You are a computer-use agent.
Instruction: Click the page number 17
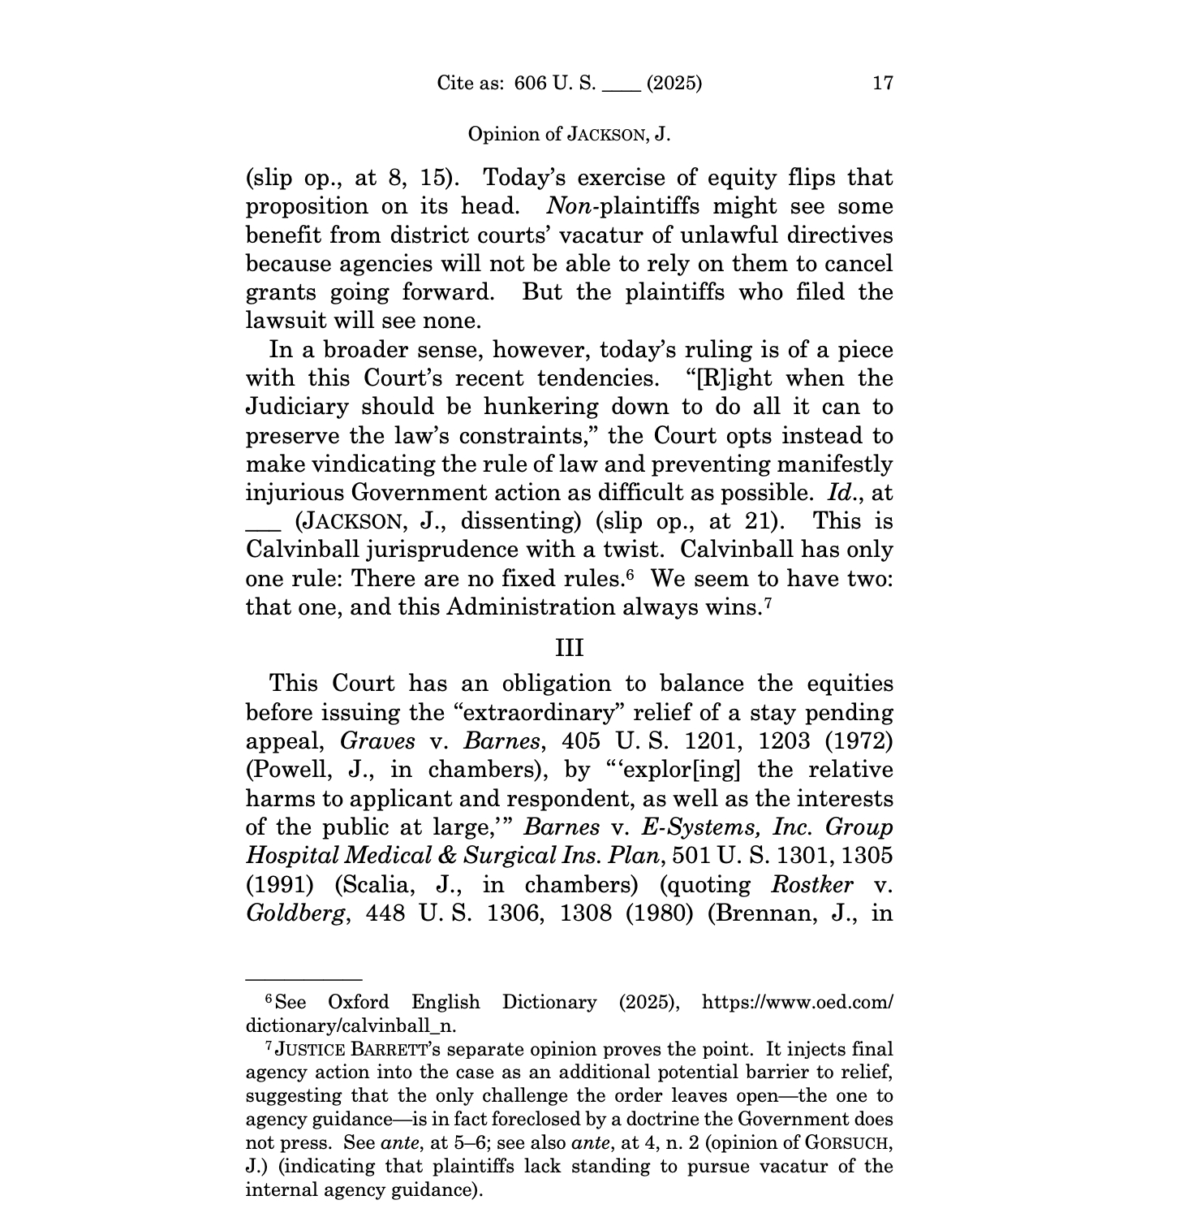tap(882, 83)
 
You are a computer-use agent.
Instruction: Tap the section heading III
tap(569, 648)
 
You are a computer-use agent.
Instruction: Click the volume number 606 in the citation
tap(531, 83)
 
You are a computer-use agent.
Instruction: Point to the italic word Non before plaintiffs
tap(570, 206)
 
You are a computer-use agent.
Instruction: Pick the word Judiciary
tap(298, 407)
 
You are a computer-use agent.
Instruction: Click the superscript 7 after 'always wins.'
tap(767, 602)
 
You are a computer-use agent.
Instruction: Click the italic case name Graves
tap(377, 741)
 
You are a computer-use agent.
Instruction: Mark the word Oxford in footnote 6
tap(358, 1002)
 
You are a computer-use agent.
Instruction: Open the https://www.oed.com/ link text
tap(797, 1002)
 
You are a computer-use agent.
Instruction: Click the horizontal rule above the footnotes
tap(303, 980)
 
